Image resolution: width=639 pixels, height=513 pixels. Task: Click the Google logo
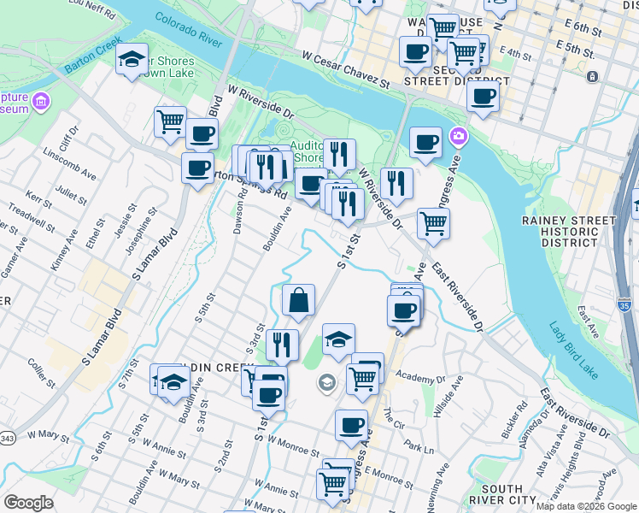[x=29, y=503]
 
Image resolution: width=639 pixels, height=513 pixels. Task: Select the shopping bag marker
[x=298, y=301]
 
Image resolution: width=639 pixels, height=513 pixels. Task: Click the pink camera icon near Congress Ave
[x=459, y=136]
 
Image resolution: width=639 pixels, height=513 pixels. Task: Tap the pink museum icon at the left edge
[x=39, y=103]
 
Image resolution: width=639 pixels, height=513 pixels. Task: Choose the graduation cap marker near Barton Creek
[x=132, y=59]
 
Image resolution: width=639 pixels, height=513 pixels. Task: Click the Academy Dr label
[x=421, y=378]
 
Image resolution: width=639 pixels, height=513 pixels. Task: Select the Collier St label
[x=40, y=370]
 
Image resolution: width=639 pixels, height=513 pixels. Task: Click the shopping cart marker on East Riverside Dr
[x=433, y=224]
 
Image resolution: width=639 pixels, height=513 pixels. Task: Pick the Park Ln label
[x=419, y=447]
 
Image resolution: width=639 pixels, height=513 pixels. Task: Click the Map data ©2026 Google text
[x=585, y=506]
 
